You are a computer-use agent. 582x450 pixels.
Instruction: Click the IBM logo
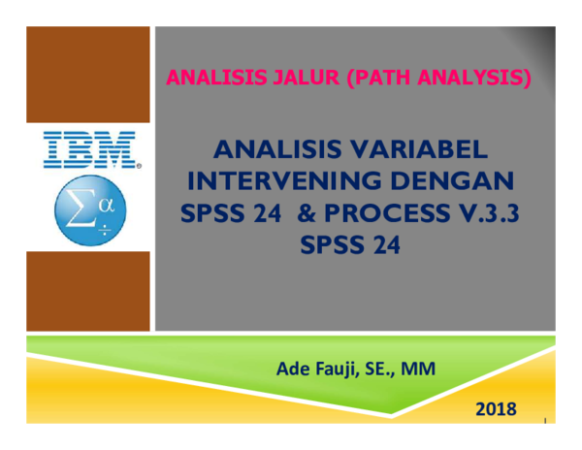(x=89, y=150)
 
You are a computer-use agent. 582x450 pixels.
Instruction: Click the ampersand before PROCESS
(x=296, y=213)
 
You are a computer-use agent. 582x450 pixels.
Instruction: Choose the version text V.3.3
(x=482, y=213)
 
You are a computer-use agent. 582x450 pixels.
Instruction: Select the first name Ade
(x=295, y=369)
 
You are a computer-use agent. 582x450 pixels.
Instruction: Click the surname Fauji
(x=340, y=369)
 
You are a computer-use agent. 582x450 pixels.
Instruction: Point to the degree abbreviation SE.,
(x=386, y=369)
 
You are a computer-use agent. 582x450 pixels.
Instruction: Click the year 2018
(x=496, y=409)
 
